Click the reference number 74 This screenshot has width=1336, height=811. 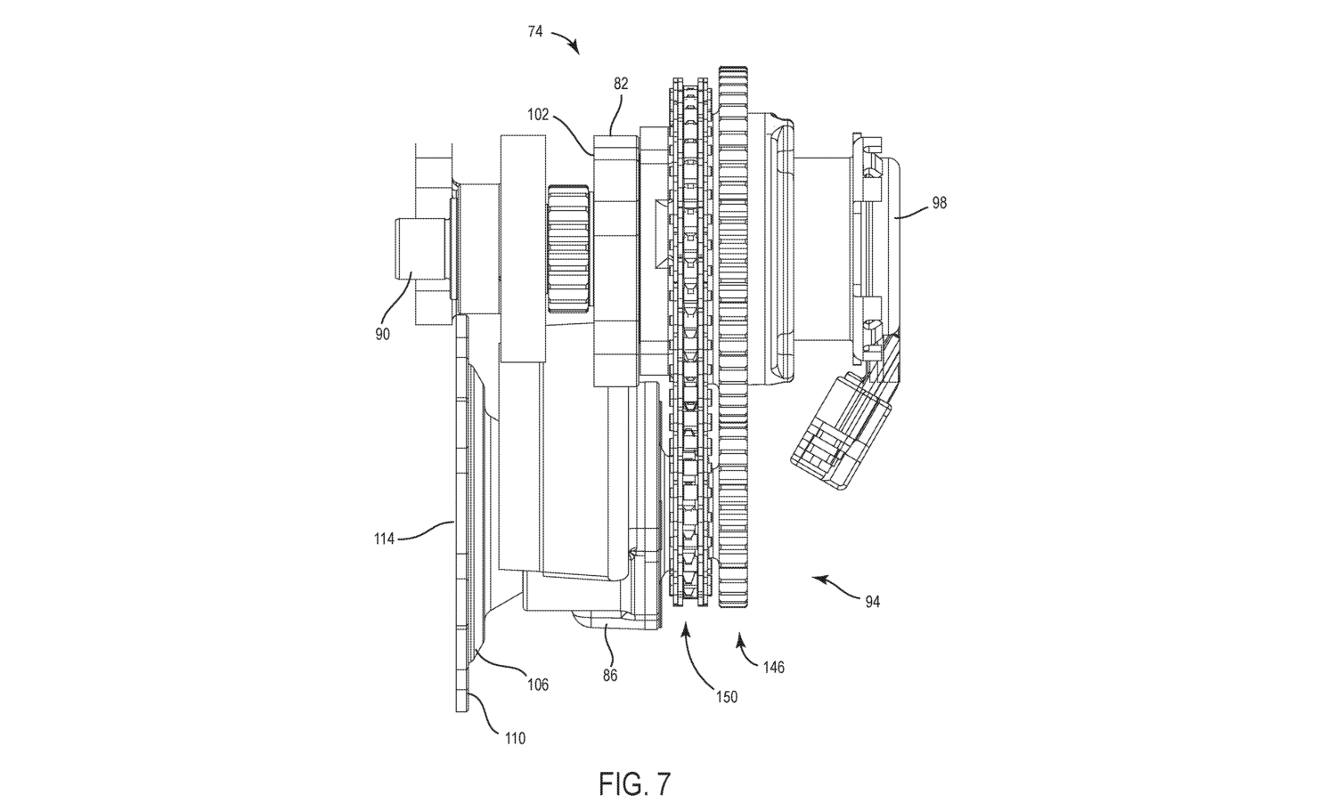pyautogui.click(x=535, y=32)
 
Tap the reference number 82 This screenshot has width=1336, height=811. pyautogui.click(x=621, y=84)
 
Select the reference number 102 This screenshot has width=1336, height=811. pyautogui.click(x=538, y=115)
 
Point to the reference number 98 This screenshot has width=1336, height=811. pyautogui.click(x=940, y=203)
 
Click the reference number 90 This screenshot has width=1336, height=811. pyautogui.click(x=382, y=335)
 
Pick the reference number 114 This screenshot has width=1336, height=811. pyautogui.click(x=384, y=539)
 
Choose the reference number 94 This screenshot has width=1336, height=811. pyautogui.click(x=873, y=603)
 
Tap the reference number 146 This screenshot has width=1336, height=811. pyautogui.click(x=774, y=668)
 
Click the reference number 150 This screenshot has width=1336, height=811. pyautogui.click(x=727, y=696)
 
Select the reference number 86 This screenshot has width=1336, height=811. pyautogui.click(x=610, y=676)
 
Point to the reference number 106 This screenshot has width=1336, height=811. pyautogui.click(x=538, y=685)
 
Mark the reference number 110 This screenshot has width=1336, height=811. pyautogui.click(x=516, y=739)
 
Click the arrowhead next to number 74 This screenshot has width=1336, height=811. pyautogui.click(x=574, y=46)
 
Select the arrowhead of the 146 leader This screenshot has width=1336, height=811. pyautogui.click(x=740, y=640)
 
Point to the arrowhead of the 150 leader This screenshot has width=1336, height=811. pyautogui.click(x=684, y=629)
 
